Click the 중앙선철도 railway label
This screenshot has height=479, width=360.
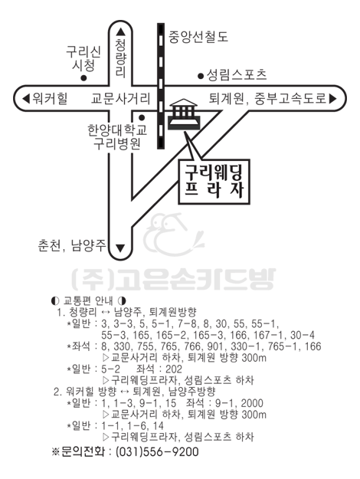click(198, 37)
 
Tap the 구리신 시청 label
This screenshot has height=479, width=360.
click(83, 58)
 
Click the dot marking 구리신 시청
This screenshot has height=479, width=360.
click(83, 78)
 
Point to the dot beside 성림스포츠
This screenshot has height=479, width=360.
click(201, 76)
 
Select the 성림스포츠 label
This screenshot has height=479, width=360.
click(237, 75)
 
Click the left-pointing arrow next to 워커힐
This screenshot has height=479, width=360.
click(26, 98)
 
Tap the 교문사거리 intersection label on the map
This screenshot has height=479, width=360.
click(121, 99)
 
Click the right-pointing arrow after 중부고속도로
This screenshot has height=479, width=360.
click(332, 98)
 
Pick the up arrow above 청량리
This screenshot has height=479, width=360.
click(121, 32)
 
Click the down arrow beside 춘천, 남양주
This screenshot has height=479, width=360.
click(121, 248)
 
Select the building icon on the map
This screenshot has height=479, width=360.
click(184, 114)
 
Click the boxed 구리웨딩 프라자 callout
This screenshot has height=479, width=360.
click(214, 182)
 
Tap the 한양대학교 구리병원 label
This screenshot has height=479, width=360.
click(117, 137)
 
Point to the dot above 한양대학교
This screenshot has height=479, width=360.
click(142, 117)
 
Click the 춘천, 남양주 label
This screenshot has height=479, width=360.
click(72, 245)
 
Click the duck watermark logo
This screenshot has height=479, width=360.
click(173, 235)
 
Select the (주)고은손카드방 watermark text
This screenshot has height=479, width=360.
click(174, 279)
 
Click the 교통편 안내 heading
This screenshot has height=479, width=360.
click(88, 301)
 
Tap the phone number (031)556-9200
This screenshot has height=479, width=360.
click(157, 451)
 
